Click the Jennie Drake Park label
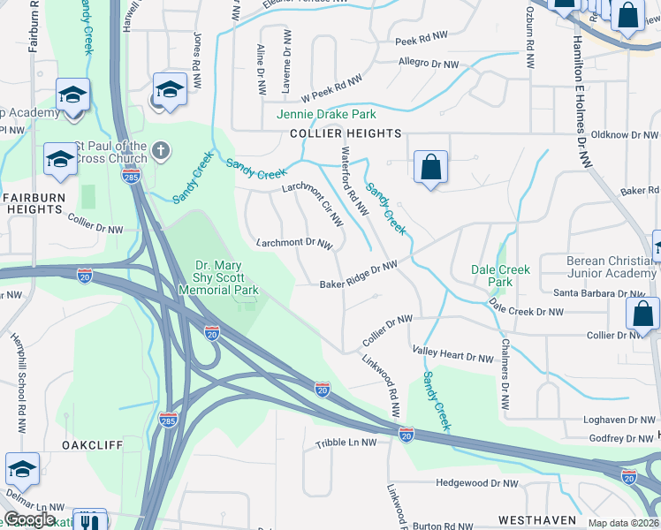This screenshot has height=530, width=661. [326, 114]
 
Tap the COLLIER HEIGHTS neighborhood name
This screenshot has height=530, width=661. [346, 133]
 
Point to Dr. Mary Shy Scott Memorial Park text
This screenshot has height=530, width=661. [226, 277]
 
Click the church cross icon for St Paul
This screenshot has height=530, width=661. [160, 149]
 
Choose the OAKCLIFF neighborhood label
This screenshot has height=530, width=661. [92, 445]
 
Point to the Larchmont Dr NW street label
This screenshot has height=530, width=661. [294, 242]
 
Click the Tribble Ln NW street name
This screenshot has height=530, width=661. [346, 443]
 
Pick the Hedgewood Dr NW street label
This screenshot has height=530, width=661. [477, 483]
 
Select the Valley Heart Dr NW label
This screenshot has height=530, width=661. [452, 358]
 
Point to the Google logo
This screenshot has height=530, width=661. [29, 519]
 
